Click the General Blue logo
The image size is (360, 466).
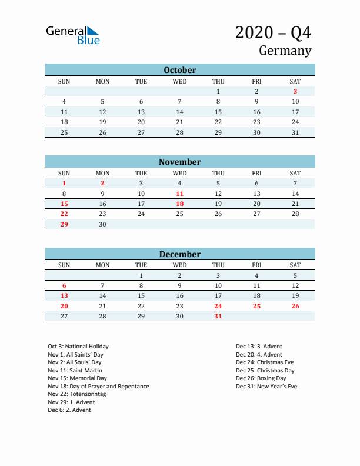(x=72, y=35)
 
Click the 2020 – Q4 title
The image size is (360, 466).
(x=273, y=32)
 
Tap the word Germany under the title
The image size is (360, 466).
(x=285, y=51)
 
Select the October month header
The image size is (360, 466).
(x=180, y=70)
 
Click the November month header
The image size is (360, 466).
(x=180, y=162)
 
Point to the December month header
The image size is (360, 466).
(x=180, y=254)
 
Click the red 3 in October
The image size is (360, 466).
(x=295, y=91)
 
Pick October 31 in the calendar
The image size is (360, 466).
(x=295, y=132)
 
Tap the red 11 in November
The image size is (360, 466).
(x=180, y=194)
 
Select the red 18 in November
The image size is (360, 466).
(x=180, y=204)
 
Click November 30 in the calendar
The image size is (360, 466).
(x=102, y=224)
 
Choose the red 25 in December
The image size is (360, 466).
(x=256, y=306)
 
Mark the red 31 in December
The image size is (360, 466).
(x=218, y=316)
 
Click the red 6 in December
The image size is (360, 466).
(x=64, y=285)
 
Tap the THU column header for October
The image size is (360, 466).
(x=218, y=81)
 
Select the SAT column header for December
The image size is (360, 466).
(x=295, y=265)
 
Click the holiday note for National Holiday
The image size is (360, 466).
(x=78, y=347)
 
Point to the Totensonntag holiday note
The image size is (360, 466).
(x=77, y=394)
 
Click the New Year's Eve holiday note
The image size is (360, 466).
(x=266, y=386)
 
